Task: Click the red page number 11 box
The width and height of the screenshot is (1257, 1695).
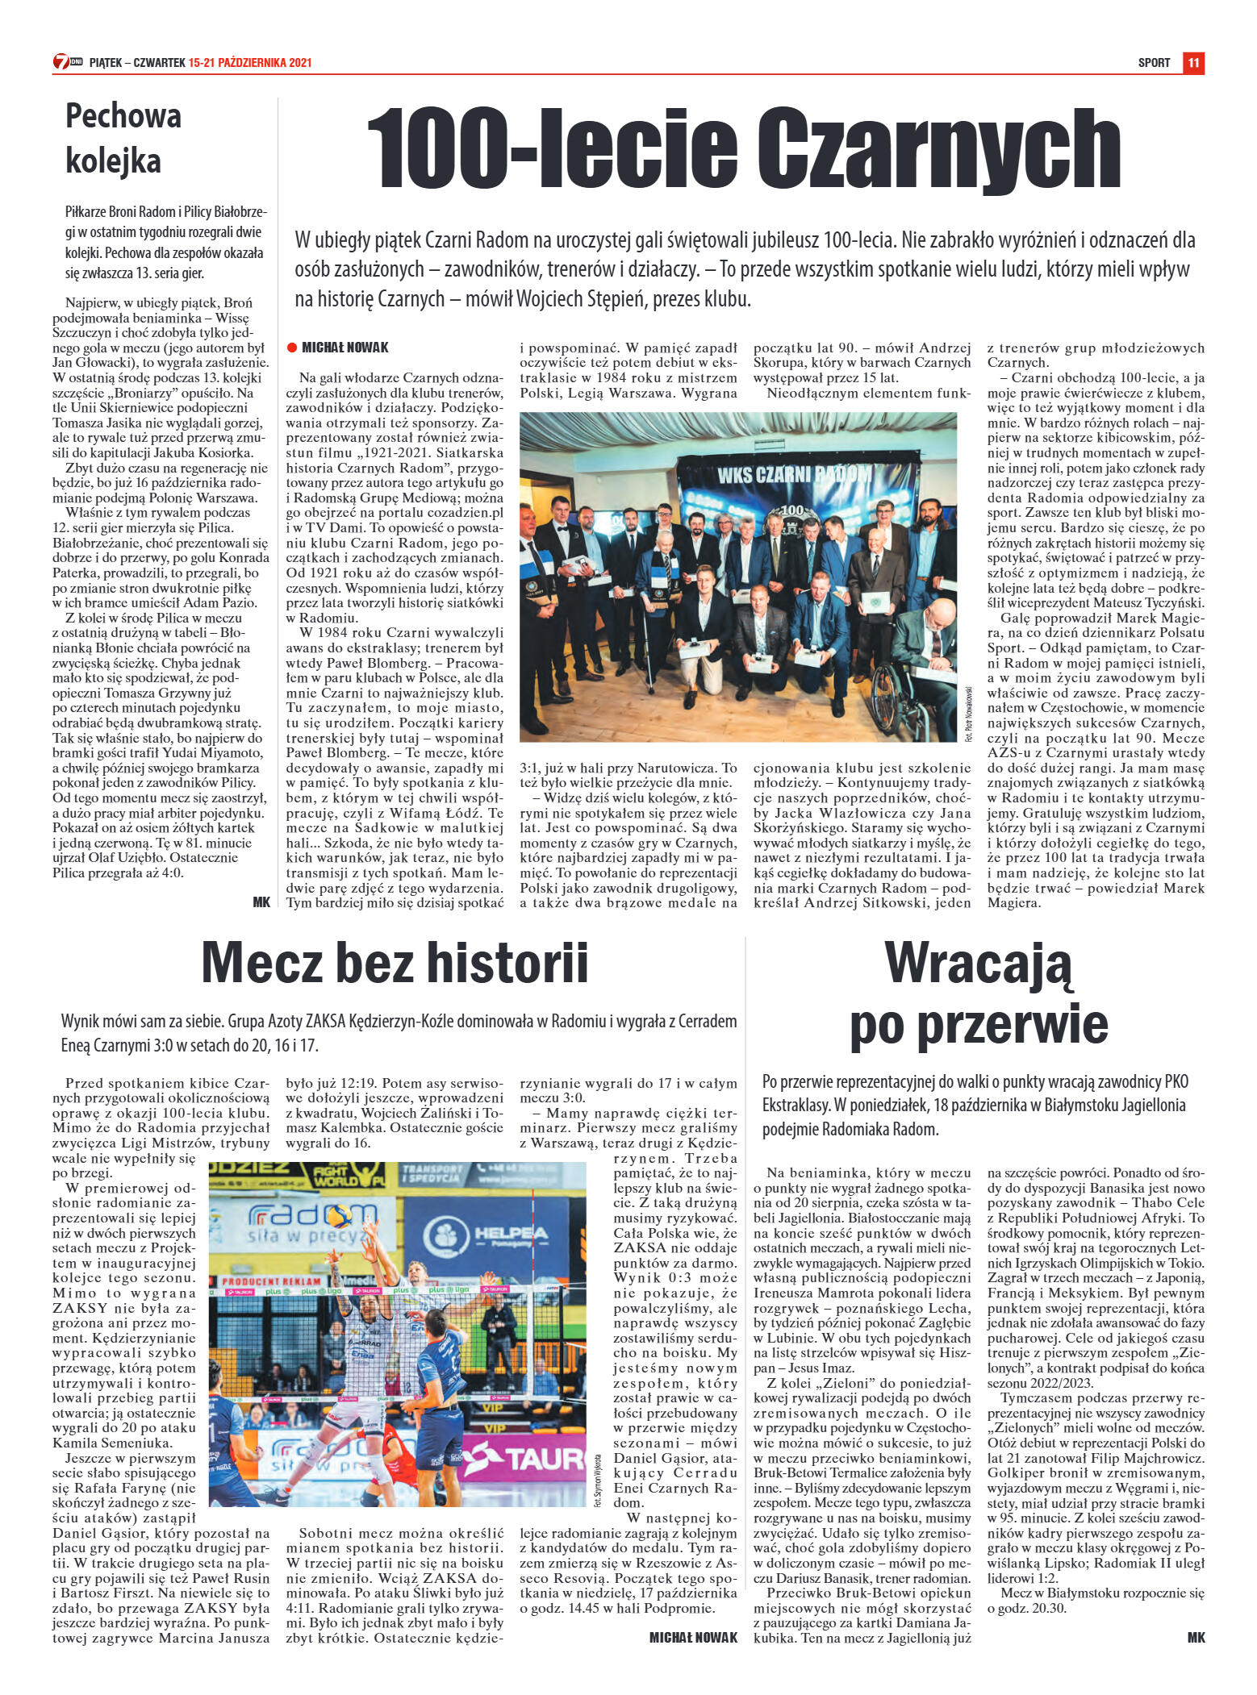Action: pyautogui.click(x=1193, y=62)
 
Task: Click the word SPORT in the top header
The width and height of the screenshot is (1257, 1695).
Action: pyautogui.click(x=1154, y=63)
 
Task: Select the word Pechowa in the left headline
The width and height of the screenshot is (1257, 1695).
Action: pyautogui.click(x=123, y=116)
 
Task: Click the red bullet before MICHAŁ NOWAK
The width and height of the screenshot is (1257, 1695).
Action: pyautogui.click(x=292, y=348)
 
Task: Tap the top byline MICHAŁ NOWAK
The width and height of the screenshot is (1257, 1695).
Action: pyautogui.click(x=345, y=348)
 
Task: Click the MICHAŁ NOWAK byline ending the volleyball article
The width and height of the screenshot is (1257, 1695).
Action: pyautogui.click(x=693, y=1637)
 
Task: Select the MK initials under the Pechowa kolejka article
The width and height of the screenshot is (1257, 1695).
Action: pyautogui.click(x=261, y=902)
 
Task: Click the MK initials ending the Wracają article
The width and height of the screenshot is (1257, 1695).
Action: pyautogui.click(x=1196, y=1637)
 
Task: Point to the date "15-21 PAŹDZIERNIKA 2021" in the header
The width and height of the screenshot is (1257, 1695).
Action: pyautogui.click(x=250, y=63)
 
